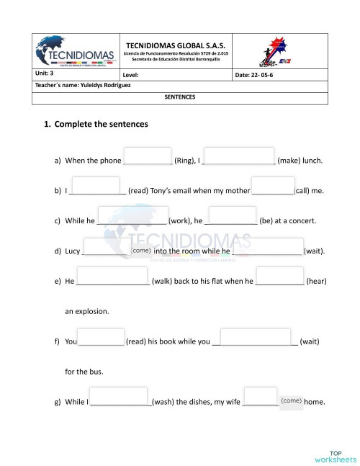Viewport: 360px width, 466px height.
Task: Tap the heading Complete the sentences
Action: tap(102, 124)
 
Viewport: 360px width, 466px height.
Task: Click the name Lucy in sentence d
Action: tap(72, 251)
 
